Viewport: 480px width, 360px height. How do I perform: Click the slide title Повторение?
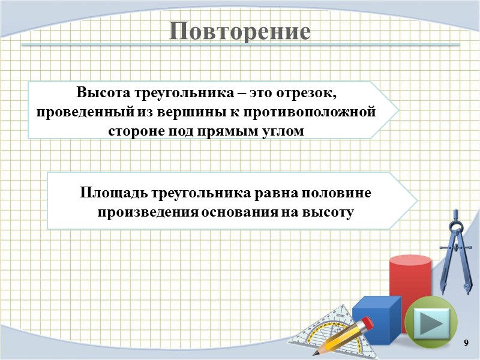[239, 31]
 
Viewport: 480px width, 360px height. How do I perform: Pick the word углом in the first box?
[278, 130]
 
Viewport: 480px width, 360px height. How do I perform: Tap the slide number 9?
[466, 342]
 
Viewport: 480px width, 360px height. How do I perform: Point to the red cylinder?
[410, 282]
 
